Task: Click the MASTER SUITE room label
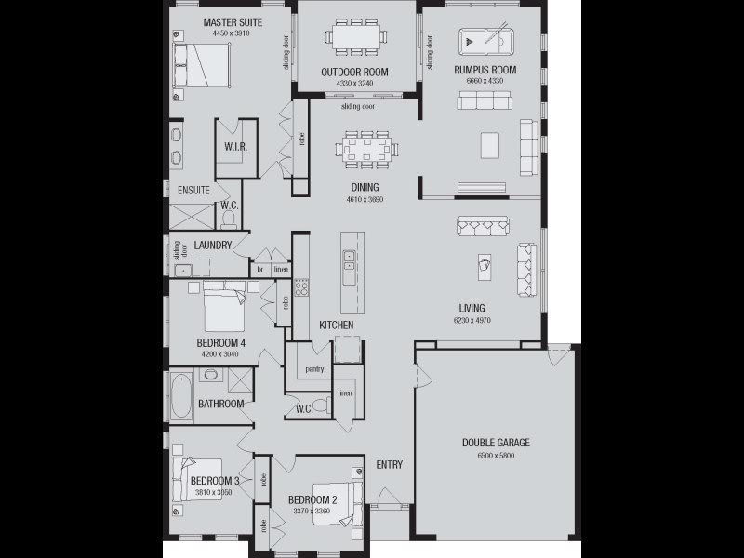click(232, 21)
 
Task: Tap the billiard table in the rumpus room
click(485, 42)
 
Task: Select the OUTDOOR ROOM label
click(355, 72)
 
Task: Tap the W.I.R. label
click(234, 147)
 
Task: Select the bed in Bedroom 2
click(336, 503)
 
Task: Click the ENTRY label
click(389, 464)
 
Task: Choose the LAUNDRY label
click(213, 246)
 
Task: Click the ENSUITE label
click(193, 190)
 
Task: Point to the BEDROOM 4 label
click(221, 343)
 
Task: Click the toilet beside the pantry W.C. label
click(320, 405)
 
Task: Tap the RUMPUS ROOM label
click(485, 70)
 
